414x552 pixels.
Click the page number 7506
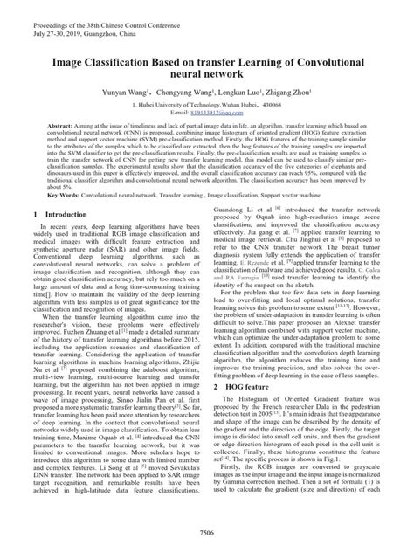(207, 532)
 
